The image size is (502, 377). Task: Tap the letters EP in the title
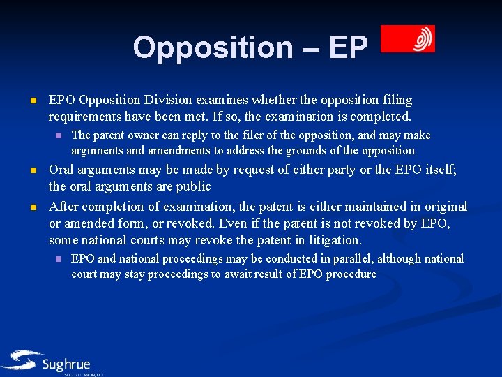[x=347, y=47]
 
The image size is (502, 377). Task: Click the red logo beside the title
[x=408, y=39]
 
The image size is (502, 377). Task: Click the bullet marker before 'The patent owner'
[x=59, y=135]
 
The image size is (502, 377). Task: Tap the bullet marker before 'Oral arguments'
[x=33, y=171]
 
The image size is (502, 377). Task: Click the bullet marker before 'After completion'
[x=33, y=207]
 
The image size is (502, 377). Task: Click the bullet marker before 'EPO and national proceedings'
[x=59, y=259]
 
